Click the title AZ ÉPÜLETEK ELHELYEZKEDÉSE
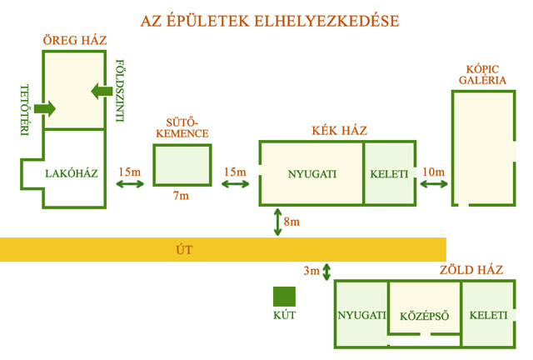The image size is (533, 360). coord(266,19)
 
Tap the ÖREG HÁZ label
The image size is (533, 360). coord(76,41)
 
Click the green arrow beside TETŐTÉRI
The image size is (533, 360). coord(45,107)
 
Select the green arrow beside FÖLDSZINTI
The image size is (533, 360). coord(101,90)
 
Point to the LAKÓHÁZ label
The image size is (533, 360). coord(72,173)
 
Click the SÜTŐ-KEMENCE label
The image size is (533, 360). coord(182,127)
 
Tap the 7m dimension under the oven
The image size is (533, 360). coord(181,197)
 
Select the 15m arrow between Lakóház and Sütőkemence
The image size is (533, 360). coord(129,184)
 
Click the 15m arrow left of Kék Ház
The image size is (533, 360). coord(235,184)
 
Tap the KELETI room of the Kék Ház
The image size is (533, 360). coord(390,174)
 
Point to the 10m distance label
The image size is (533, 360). coord(434,172)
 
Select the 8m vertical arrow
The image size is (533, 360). coord(276,222)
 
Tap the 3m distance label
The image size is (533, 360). coord(311,271)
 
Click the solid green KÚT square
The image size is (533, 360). coord(284,297)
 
